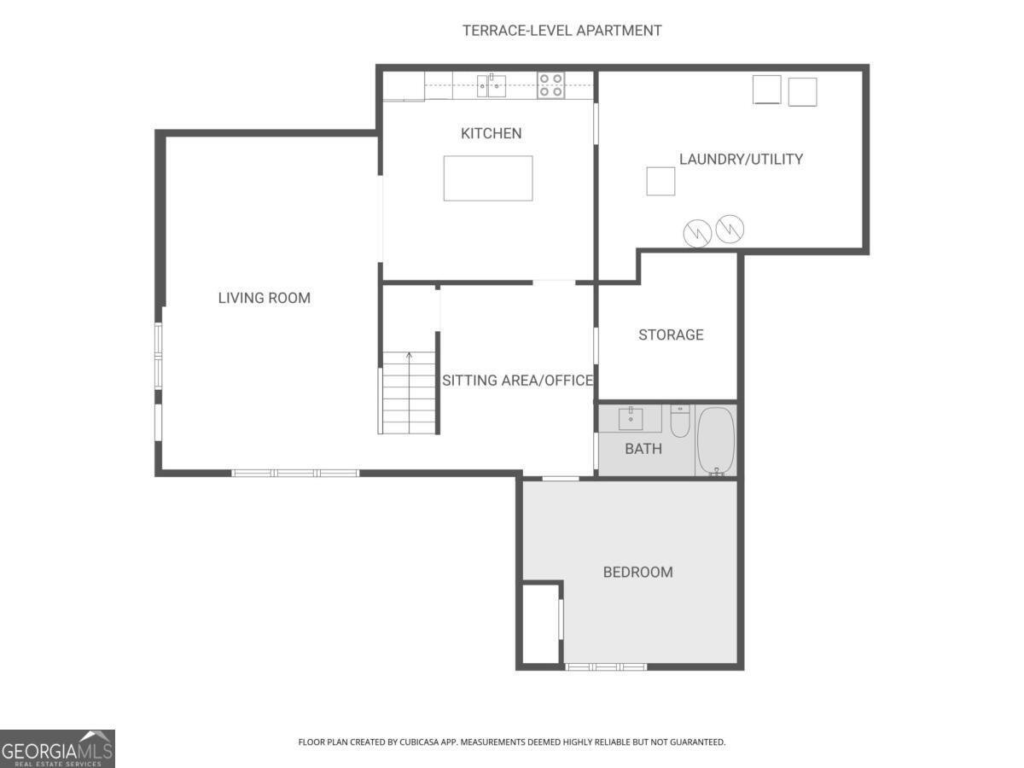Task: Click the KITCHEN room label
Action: point(491,133)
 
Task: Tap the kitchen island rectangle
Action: point(488,178)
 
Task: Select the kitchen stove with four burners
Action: point(550,85)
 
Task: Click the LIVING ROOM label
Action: point(264,298)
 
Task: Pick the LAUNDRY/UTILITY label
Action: point(741,159)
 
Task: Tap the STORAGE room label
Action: point(671,335)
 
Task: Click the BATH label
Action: point(643,448)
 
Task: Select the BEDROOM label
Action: point(637,572)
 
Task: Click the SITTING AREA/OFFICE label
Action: point(517,381)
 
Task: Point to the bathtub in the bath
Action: point(716,439)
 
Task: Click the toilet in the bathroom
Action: point(679,420)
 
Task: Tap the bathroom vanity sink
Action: point(630,418)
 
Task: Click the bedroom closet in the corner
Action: point(539,623)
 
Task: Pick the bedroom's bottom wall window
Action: point(606,666)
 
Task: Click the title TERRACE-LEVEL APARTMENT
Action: point(561,31)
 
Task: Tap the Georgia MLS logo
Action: point(57,748)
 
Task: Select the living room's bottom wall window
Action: point(295,473)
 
